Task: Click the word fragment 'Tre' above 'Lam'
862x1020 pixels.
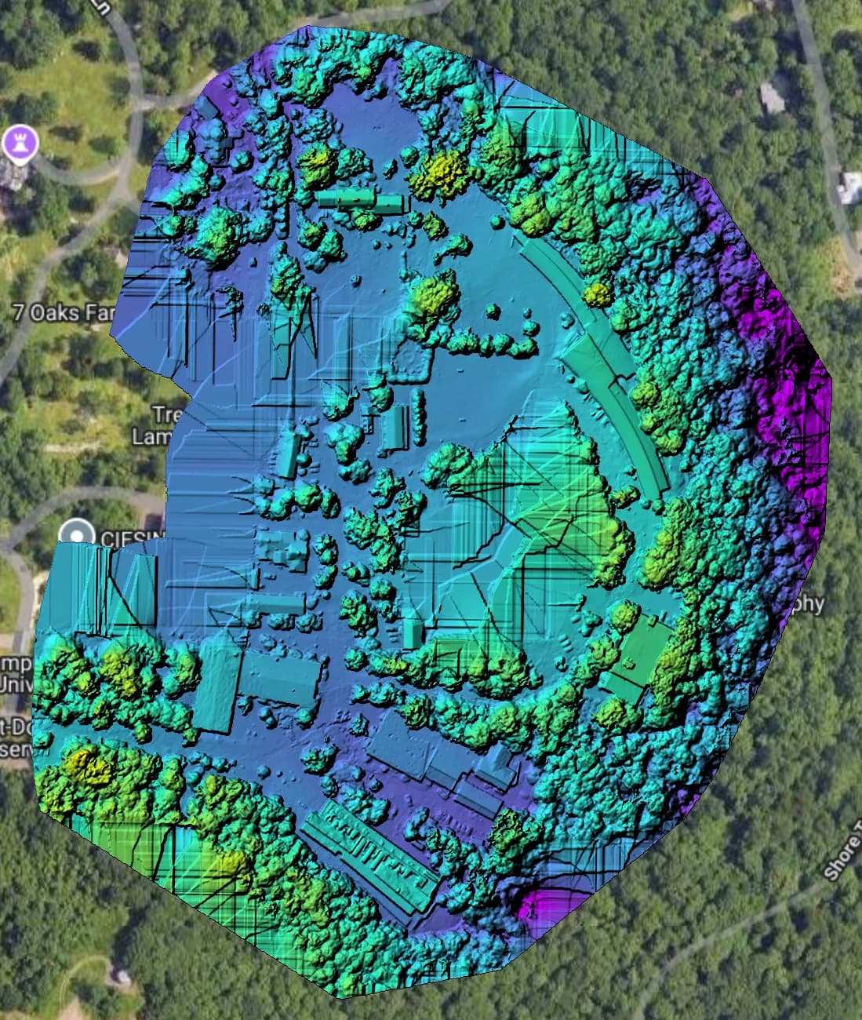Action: tap(162, 413)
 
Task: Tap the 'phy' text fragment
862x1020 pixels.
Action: tap(810, 603)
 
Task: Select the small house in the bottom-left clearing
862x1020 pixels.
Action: tap(120, 975)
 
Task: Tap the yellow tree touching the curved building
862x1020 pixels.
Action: tap(598, 294)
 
